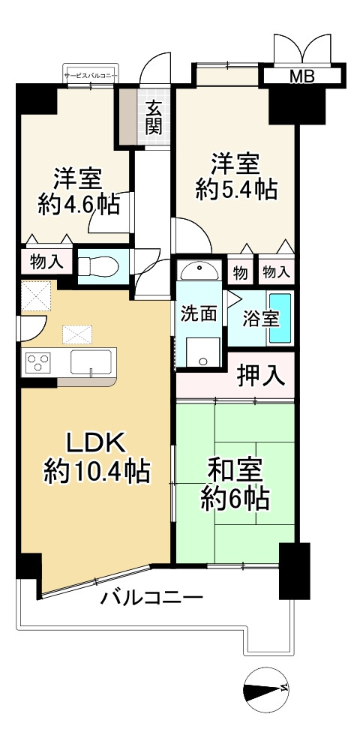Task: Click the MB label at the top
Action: (303, 76)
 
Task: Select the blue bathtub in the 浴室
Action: (280, 319)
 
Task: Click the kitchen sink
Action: (91, 362)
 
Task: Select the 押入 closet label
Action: (261, 374)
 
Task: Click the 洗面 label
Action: (199, 314)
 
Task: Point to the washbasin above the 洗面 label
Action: (199, 270)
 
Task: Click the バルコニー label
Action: (152, 598)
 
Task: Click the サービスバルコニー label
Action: (89, 76)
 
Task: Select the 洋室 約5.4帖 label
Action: (235, 176)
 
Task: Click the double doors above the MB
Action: (303, 48)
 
